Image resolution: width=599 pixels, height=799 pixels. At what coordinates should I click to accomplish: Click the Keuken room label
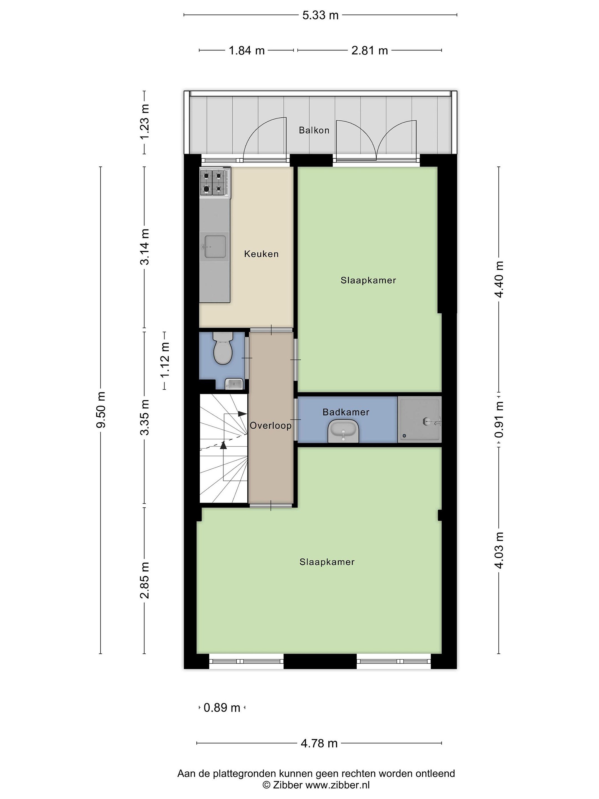pyautogui.click(x=261, y=254)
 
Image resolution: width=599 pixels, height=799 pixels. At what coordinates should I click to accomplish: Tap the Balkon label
pyautogui.click(x=314, y=130)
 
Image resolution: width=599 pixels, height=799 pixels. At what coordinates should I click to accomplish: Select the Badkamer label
pyautogui.click(x=346, y=412)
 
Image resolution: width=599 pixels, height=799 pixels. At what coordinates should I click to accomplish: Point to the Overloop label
pyautogui.click(x=270, y=426)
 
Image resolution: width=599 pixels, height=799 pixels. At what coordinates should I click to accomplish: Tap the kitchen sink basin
pyautogui.click(x=215, y=247)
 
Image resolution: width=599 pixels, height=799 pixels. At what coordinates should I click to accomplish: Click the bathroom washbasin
pyautogui.click(x=343, y=431)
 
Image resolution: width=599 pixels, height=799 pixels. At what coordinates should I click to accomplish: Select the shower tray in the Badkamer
pyautogui.click(x=419, y=419)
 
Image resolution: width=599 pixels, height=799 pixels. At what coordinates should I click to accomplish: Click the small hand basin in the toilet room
pyautogui.click(x=234, y=384)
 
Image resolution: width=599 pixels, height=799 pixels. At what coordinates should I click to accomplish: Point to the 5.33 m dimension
pyautogui.click(x=320, y=15)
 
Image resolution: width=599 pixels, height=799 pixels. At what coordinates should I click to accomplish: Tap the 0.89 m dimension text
pyautogui.click(x=222, y=708)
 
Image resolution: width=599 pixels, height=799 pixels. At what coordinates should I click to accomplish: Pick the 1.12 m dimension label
pyautogui.click(x=165, y=360)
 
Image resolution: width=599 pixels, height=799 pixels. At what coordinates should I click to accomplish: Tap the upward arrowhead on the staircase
pyautogui.click(x=224, y=445)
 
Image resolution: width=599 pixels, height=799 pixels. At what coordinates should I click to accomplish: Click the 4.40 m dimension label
pyautogui.click(x=499, y=279)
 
